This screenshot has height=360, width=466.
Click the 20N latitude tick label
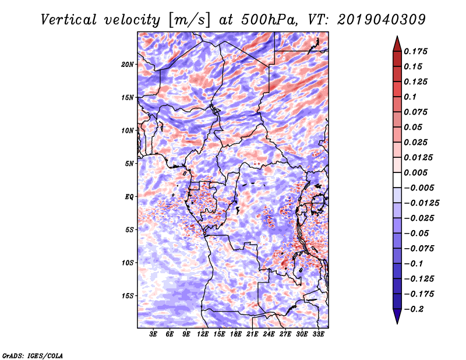[x=128, y=64]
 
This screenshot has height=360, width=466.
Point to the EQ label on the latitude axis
[x=129, y=197]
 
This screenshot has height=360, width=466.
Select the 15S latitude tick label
[x=128, y=296]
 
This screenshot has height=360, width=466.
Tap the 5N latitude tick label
[x=129, y=164]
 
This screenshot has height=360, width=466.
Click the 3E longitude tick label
[x=154, y=334]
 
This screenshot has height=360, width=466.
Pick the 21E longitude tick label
[x=252, y=334]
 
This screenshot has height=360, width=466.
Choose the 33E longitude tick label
[x=318, y=334]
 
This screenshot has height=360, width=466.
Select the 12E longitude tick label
[x=203, y=334]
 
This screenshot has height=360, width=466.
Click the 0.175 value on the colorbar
[x=417, y=51]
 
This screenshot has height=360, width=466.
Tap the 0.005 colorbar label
[x=417, y=172]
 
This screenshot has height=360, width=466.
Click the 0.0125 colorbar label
[x=419, y=157]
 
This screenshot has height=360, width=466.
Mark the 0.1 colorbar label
[x=411, y=97]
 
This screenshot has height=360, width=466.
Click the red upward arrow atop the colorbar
[x=397, y=43]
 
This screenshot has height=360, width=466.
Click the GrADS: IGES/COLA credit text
[x=33, y=355]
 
